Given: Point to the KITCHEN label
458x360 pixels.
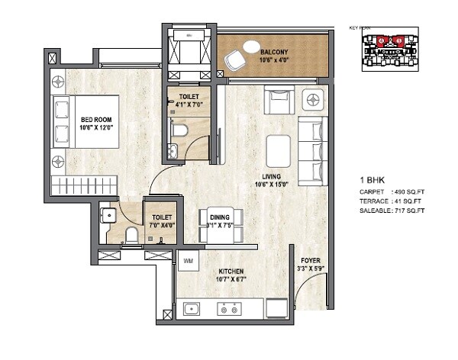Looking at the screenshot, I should coord(231,272).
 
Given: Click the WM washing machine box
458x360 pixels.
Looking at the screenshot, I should coord(189,262).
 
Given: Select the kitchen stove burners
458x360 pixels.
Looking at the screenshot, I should coord(227,310).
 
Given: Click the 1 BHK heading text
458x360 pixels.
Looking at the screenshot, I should coord(371,181).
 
